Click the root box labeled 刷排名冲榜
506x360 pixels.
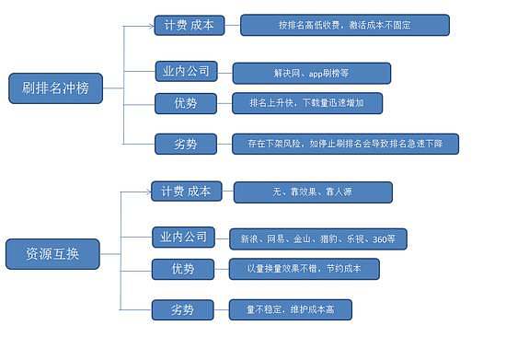click(54, 90)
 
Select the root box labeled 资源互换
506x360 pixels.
click(52, 254)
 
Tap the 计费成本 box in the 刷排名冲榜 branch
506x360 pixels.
click(189, 26)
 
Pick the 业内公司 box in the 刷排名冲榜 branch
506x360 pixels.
click(184, 72)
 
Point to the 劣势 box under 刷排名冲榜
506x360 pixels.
click(184, 144)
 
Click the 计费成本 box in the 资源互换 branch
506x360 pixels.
click(186, 192)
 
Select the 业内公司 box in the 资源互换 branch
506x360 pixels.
click(184, 238)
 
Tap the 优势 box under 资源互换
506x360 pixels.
click(184, 269)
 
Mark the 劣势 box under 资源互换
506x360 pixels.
click(184, 310)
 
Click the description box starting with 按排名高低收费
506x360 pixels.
click(345, 25)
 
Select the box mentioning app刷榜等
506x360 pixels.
click(311, 73)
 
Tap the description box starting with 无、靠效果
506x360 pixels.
click(313, 192)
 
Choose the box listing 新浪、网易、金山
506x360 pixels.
click(317, 238)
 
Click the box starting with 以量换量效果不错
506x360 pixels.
click(300, 269)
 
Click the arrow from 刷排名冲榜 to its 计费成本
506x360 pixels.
click(138, 27)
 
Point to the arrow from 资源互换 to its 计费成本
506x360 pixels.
click(136, 192)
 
